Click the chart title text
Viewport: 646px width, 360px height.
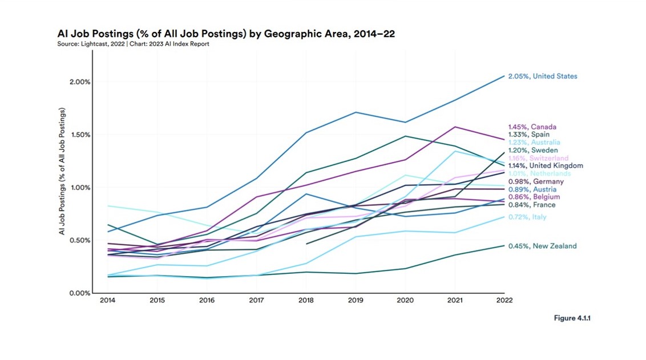[x=226, y=34]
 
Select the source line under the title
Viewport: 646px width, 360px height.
[x=133, y=44]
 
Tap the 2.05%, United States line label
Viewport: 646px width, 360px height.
[x=543, y=76]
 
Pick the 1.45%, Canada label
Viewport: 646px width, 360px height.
[x=532, y=127]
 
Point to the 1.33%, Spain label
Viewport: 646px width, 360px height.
[x=528, y=135]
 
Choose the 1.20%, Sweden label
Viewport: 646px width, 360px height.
[x=532, y=151]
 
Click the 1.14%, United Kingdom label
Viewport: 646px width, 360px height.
[x=546, y=166]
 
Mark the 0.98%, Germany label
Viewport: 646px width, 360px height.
[x=536, y=181]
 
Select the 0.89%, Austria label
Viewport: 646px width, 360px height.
[x=532, y=189]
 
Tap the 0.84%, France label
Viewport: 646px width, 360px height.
[x=531, y=205]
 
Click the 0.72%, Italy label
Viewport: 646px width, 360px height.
[x=527, y=217]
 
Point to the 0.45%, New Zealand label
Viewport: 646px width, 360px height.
[x=542, y=246]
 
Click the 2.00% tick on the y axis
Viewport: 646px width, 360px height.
[x=79, y=82]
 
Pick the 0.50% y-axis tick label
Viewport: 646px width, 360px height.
[x=79, y=240]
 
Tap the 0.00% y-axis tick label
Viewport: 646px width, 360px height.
[x=79, y=293]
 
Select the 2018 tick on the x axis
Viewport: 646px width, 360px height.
[x=306, y=300]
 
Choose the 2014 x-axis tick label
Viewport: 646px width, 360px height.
[x=107, y=300]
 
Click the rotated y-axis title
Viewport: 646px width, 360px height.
[x=62, y=171]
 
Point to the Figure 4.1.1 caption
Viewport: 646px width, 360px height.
[x=572, y=318]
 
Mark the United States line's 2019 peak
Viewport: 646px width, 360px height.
[x=356, y=112]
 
